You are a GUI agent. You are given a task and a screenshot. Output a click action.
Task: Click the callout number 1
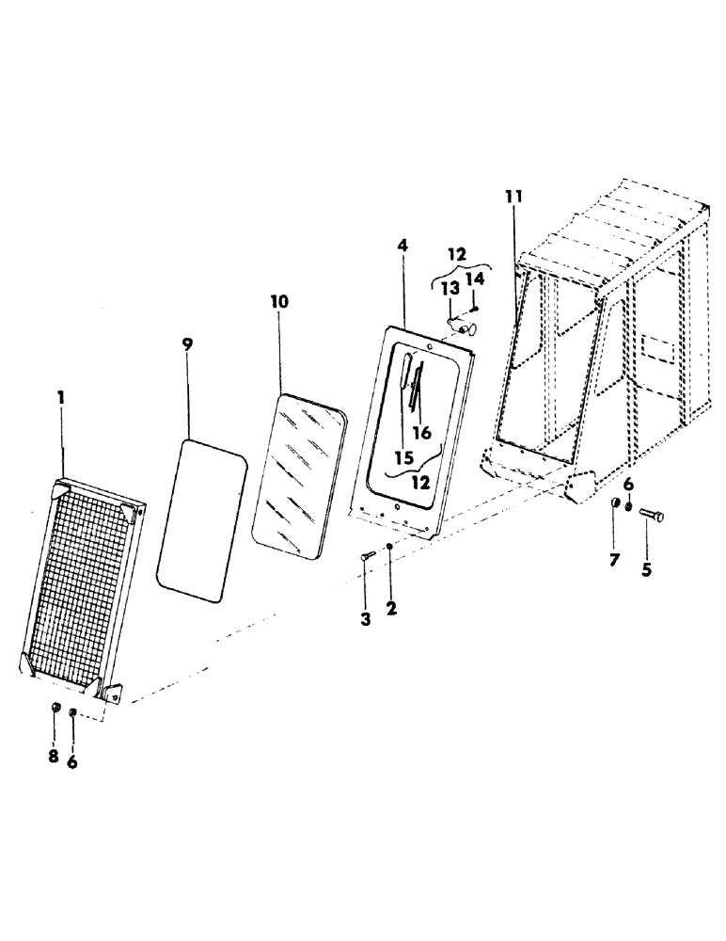point(61,398)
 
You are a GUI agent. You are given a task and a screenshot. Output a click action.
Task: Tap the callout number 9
point(187,344)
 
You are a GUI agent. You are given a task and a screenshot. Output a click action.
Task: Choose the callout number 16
point(422,433)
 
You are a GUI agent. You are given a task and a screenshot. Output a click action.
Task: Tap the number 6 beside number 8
point(72,762)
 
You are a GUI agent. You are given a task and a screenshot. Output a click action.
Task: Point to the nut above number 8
point(55,708)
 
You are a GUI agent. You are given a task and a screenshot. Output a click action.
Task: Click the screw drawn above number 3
point(366,559)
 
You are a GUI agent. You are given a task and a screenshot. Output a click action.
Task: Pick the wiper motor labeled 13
point(461,327)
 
